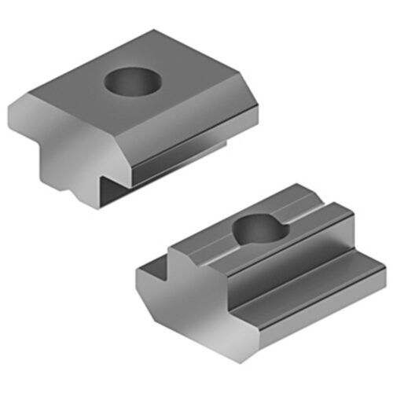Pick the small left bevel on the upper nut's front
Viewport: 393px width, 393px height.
pyautogui.click(x=19, y=110)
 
